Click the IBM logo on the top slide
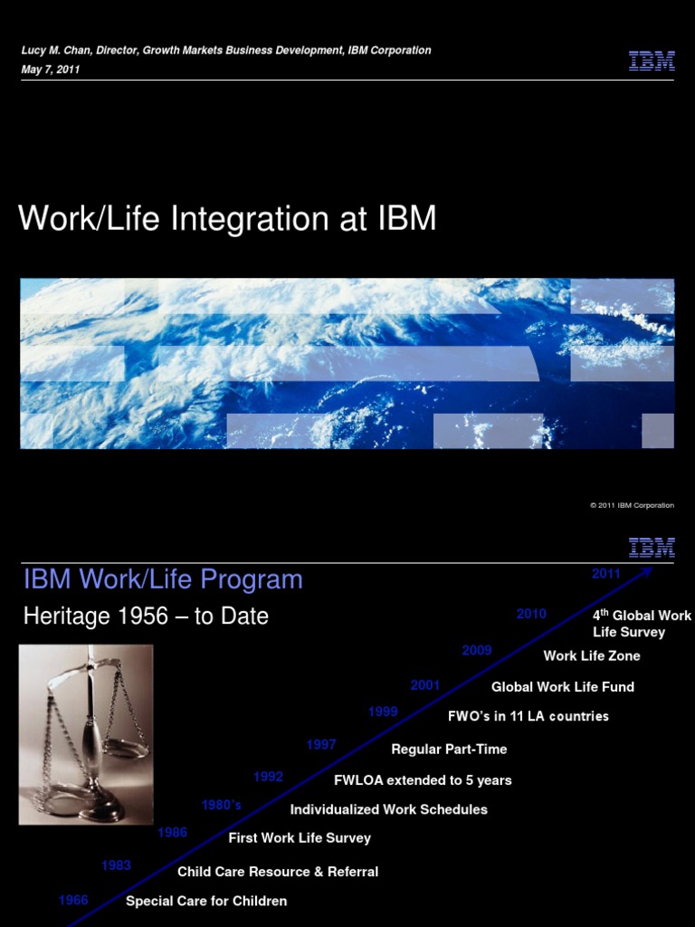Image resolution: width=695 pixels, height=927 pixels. (652, 61)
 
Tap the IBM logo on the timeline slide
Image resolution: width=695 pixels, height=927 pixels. (652, 547)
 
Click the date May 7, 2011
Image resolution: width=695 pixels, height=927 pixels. (51, 70)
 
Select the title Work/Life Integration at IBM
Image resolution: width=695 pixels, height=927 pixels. (227, 219)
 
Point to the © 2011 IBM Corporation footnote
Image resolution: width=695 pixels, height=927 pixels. (632, 505)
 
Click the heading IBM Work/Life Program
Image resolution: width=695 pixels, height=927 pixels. (163, 579)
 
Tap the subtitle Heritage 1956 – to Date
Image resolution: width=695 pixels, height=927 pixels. (146, 616)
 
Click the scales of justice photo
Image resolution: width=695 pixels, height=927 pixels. (86, 734)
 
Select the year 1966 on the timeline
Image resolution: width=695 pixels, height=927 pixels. (73, 900)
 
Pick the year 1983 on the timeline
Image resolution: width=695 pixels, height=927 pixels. (116, 865)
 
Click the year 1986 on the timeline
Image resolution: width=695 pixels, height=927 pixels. (172, 833)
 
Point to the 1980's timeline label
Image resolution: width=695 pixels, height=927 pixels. (221, 805)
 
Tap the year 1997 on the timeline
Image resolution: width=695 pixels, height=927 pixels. (321, 745)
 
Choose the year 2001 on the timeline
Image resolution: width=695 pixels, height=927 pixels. (425, 685)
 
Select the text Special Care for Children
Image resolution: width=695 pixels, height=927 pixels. (206, 901)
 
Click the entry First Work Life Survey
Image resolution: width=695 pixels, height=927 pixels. (300, 838)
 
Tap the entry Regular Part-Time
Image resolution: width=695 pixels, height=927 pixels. (449, 750)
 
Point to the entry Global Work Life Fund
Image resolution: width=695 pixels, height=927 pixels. (563, 687)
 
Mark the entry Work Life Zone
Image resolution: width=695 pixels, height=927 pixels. (592, 655)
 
